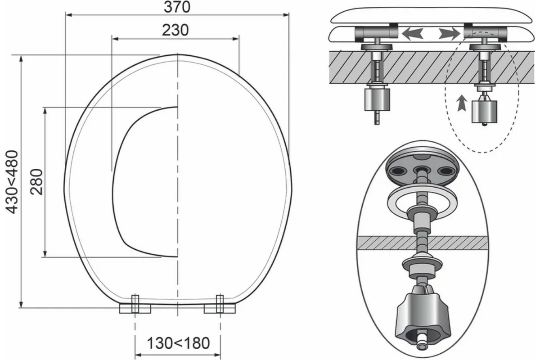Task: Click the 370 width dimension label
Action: tap(177, 7)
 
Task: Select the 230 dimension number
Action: tap(175, 30)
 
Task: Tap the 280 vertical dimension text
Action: tap(36, 182)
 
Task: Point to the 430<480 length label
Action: tap(12, 182)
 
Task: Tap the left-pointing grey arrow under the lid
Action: tap(413, 34)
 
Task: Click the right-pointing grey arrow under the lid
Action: tap(450, 33)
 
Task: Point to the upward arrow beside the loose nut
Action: tap(462, 103)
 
